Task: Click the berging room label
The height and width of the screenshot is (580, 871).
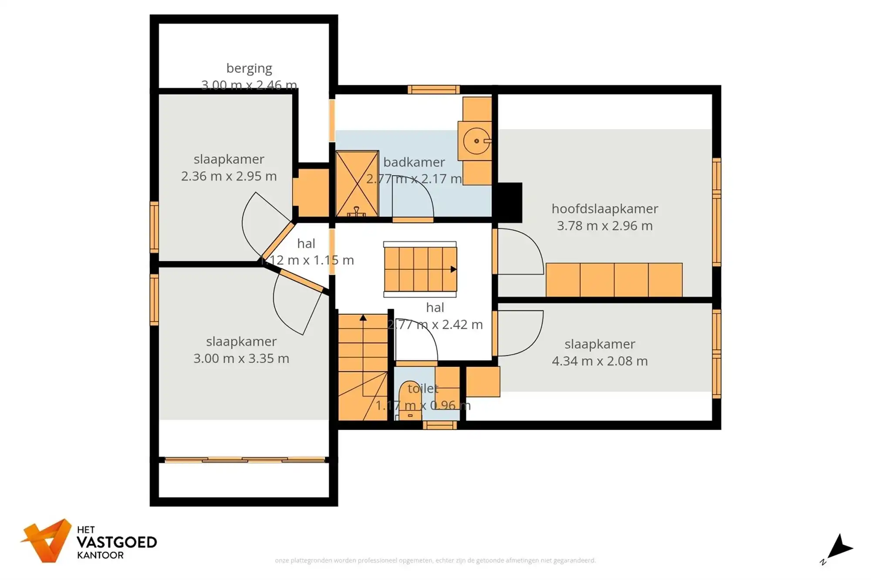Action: tap(249, 68)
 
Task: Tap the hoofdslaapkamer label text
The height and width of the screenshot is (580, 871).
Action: tap(604, 209)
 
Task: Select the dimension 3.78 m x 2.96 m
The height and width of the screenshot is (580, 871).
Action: tap(604, 226)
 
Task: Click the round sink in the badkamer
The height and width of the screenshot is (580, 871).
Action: tap(476, 141)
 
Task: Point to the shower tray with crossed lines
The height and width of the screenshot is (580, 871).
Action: tap(357, 183)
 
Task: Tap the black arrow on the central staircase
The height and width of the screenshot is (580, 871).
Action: tap(453, 269)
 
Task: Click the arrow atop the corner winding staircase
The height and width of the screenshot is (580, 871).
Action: tap(363, 318)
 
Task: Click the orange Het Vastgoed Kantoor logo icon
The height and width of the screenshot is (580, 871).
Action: tap(47, 541)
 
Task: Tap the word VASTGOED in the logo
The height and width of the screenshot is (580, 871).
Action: tap(117, 543)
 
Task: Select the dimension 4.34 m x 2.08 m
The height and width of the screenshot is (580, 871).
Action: tap(600, 361)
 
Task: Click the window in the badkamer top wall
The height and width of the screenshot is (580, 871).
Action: tap(433, 90)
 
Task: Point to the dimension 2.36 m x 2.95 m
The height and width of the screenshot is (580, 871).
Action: tap(229, 176)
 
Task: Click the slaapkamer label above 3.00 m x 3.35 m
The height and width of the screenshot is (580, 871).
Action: tap(241, 342)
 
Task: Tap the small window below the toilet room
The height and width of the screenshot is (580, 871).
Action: tap(439, 425)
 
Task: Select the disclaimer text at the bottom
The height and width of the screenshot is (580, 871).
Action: tap(435, 560)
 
